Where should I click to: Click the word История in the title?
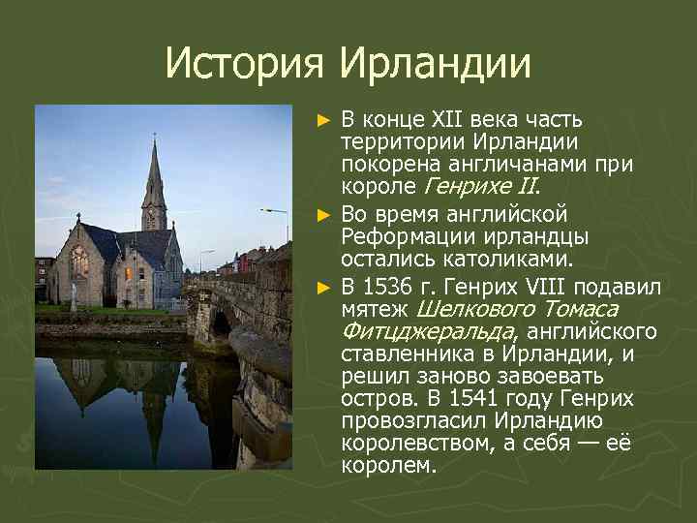(x=248, y=64)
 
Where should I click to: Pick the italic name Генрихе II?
(x=478, y=190)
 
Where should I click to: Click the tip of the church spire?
(x=153, y=140)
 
